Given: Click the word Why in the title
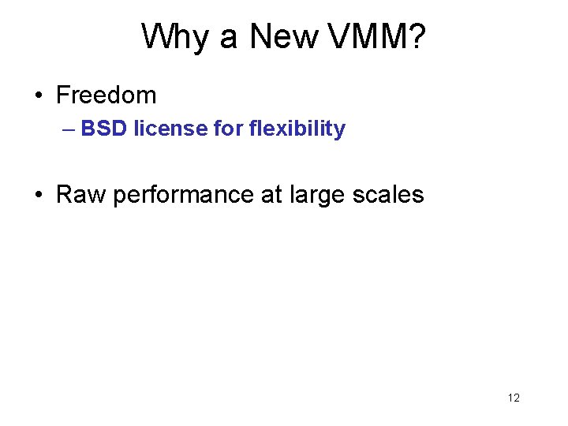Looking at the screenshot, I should click(x=173, y=37).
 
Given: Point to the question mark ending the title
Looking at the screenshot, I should click(x=417, y=37).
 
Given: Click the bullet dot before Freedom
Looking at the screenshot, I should click(x=39, y=96).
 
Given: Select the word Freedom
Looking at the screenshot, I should click(x=106, y=95).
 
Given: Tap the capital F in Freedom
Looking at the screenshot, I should click(x=62, y=95).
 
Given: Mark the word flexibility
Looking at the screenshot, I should click(x=297, y=129).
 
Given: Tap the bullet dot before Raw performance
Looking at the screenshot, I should click(x=39, y=195).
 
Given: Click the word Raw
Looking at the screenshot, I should click(x=81, y=194).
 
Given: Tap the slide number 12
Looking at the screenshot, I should click(x=514, y=398).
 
